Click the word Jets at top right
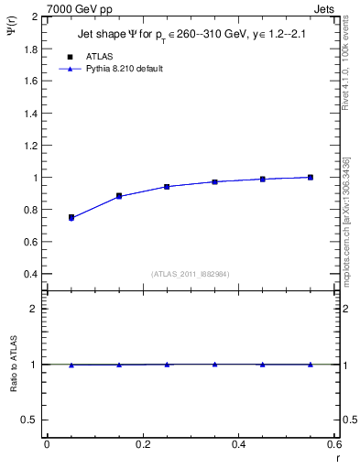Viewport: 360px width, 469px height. tap(324, 7)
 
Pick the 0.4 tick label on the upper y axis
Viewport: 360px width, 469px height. tap(31, 274)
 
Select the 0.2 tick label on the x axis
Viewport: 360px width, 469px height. tap(142, 445)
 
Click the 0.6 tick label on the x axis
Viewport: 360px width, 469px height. tap(335, 445)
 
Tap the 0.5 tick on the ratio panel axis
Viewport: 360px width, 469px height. tap(31, 420)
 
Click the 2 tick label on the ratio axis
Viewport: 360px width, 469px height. tap(35, 309)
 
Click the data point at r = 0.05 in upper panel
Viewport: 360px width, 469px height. tap(71, 218)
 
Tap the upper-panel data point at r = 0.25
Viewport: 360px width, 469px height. tap(167, 186)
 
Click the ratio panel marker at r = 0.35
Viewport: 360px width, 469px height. tap(214, 364)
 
